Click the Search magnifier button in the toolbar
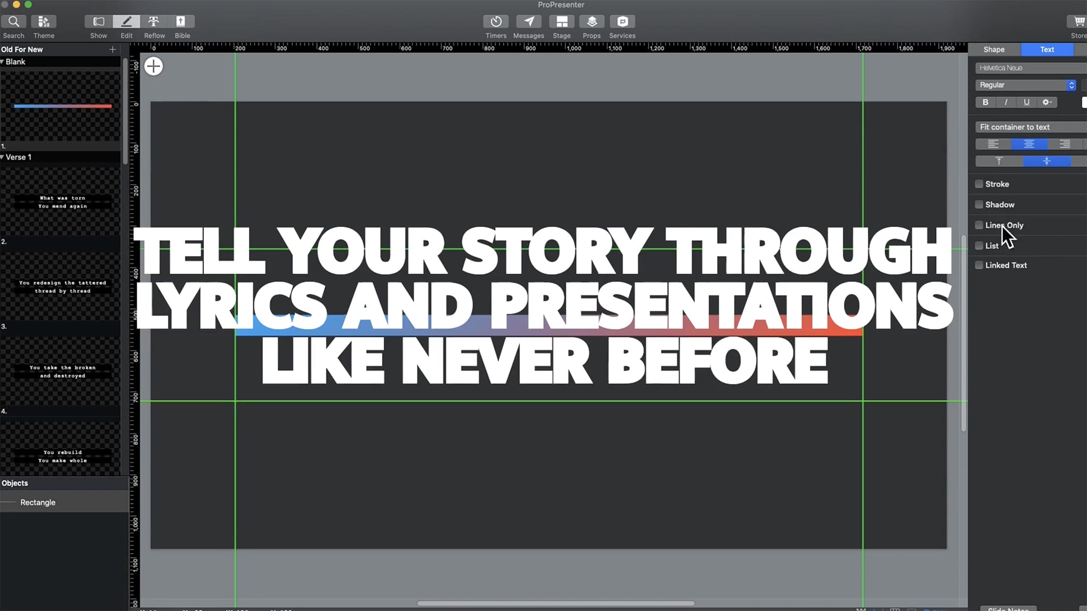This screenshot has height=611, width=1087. tap(14, 22)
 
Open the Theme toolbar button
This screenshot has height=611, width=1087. tap(44, 22)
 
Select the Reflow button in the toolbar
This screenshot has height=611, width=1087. tap(154, 22)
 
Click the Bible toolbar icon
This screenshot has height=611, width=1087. tap(181, 22)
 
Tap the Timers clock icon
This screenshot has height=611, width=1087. tap(496, 22)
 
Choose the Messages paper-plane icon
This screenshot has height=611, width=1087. tap(529, 22)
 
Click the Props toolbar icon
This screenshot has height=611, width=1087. tap(591, 22)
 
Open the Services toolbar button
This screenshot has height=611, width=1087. tap(622, 22)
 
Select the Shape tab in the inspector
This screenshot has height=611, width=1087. tap(994, 49)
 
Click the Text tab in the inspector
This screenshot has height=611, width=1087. tap(1047, 49)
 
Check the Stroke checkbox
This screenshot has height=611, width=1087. tap(979, 184)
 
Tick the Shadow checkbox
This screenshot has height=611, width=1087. tap(979, 205)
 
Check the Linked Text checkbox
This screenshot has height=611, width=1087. tap(979, 265)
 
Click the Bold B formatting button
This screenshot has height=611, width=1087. tap(985, 102)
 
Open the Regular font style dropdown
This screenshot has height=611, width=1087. tap(1025, 85)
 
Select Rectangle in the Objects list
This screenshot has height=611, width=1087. tap(38, 502)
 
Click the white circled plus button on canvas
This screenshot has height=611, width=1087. tap(153, 66)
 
